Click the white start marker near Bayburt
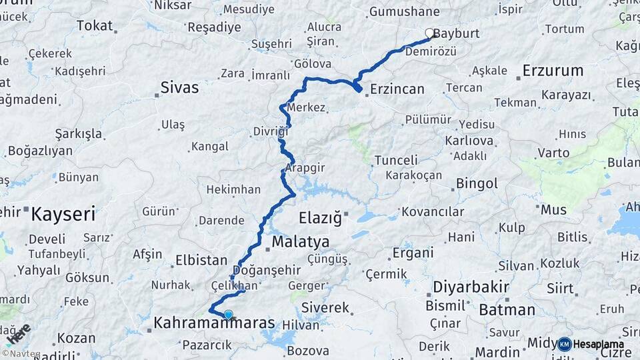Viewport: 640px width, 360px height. [x=430, y=32]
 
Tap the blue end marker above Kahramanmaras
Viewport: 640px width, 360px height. [x=229, y=314]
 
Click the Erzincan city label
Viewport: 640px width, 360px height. [x=397, y=89]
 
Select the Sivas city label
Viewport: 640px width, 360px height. [x=179, y=87]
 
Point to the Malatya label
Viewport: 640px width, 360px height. [x=300, y=241]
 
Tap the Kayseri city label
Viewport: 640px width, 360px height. [x=63, y=215]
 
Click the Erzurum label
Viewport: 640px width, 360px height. [x=553, y=71]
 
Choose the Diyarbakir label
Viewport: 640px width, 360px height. [x=471, y=287]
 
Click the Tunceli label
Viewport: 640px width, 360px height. [x=396, y=160]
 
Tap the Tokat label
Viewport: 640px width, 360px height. [x=95, y=25]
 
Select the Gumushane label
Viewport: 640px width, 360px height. [x=404, y=11]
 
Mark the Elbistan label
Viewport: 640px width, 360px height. [x=201, y=260]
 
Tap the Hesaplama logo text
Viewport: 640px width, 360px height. [x=599, y=345]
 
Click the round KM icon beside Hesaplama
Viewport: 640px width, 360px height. [x=565, y=345]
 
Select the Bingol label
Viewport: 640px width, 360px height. [x=477, y=183]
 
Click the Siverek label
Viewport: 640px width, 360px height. [x=325, y=308]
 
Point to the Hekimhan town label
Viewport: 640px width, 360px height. [x=233, y=189]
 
